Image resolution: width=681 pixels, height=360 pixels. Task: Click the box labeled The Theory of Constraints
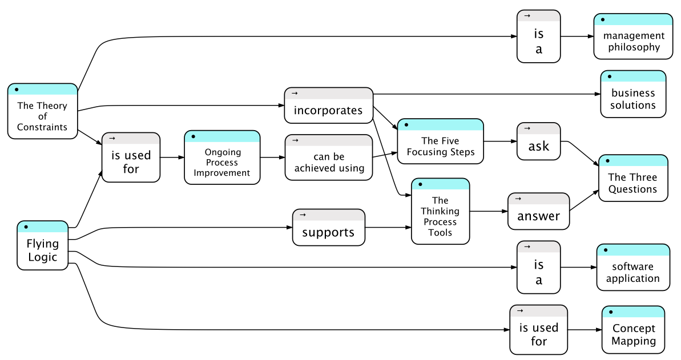click(x=43, y=111)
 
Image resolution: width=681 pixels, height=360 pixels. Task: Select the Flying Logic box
click(x=43, y=245)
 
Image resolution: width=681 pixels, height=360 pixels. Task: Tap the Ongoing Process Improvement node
click(x=222, y=157)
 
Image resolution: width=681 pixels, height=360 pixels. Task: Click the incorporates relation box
click(x=329, y=106)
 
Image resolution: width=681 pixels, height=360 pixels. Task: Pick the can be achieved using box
click(x=329, y=157)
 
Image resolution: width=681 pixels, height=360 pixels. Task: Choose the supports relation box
click(x=329, y=228)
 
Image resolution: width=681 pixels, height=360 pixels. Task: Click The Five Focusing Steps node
click(x=440, y=141)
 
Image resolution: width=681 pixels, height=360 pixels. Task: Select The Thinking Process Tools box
click(x=440, y=211)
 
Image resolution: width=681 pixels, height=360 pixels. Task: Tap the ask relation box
click(x=538, y=141)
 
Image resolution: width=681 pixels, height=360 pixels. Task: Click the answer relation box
click(x=538, y=211)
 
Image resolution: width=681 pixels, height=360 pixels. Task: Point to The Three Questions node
click(x=633, y=178)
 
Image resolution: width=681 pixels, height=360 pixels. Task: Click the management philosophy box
click(x=633, y=37)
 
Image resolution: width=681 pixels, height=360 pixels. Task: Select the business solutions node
click(x=633, y=94)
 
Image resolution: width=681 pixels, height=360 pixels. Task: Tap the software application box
click(x=633, y=267)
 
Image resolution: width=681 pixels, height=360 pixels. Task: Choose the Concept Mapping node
click(x=633, y=330)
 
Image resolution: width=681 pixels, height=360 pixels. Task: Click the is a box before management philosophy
click(x=538, y=37)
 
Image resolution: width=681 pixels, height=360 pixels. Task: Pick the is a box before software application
click(x=538, y=267)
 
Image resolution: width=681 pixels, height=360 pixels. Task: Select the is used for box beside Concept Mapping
click(x=538, y=330)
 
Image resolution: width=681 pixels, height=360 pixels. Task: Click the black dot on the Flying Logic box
click(x=26, y=226)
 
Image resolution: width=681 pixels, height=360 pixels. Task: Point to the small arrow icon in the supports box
click(x=303, y=215)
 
